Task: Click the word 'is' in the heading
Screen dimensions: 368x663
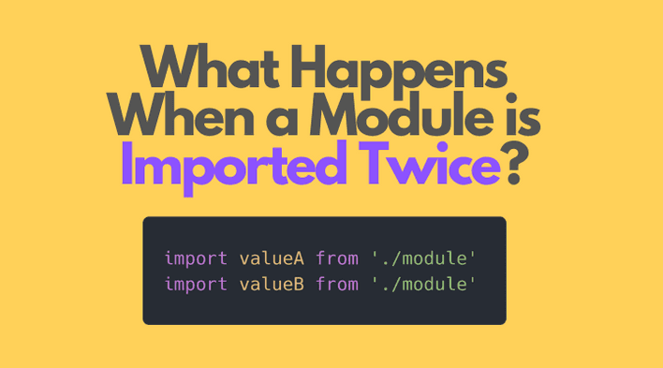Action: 523,117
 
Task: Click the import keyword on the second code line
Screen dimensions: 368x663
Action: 196,283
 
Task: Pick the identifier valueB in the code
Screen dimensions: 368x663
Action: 272,283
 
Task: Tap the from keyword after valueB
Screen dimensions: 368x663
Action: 336,283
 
